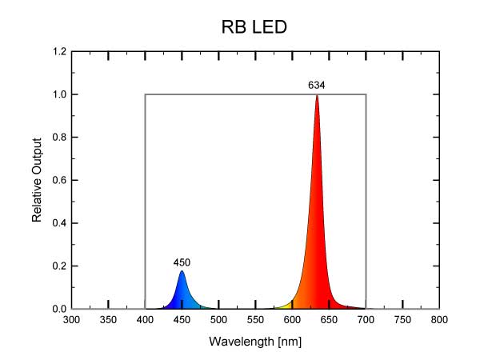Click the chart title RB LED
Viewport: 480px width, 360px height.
point(254,28)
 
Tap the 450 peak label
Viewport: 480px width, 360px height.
point(182,262)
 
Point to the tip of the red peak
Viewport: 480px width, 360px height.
point(317,95)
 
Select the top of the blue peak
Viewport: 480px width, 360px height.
point(182,271)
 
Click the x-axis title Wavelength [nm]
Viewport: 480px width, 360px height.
point(255,342)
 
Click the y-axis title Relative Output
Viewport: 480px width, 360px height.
point(37,180)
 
